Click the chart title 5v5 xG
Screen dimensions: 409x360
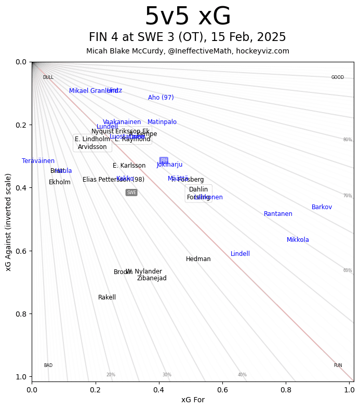pyautogui.click(x=188, y=17)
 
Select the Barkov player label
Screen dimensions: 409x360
pyautogui.click(x=322, y=207)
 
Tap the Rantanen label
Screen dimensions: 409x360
pyautogui.click(x=278, y=214)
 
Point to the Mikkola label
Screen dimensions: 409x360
pyautogui.click(x=298, y=240)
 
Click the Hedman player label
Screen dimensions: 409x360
pyautogui.click(x=198, y=259)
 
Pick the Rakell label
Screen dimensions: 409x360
pyautogui.click(x=107, y=297)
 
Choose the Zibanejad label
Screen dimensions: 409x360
pyautogui.click(x=152, y=278)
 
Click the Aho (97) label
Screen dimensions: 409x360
pyautogui.click(x=161, y=98)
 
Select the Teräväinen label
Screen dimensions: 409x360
pyautogui.click(x=38, y=161)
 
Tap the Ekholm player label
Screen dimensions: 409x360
pyautogui.click(x=60, y=182)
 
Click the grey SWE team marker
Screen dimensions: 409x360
pyautogui.click(x=131, y=193)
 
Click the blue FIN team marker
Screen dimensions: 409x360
pyautogui.click(x=164, y=160)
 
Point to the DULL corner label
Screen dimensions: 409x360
pyautogui.click(x=48, y=77)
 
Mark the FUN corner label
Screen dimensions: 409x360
pyautogui.click(x=338, y=365)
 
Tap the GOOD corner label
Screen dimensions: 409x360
pyautogui.click(x=338, y=77)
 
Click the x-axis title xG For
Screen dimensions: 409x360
pyautogui.click(x=193, y=400)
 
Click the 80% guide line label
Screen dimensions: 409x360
pyautogui.click(x=348, y=140)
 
